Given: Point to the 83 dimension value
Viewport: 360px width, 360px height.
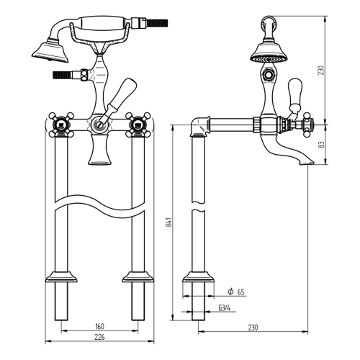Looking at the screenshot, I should click(x=322, y=144).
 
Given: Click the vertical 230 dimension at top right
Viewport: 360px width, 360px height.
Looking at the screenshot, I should click(x=322, y=70).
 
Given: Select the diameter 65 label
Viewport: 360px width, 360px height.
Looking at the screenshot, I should click(x=234, y=292).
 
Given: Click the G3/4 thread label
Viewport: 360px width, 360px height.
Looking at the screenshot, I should click(x=224, y=307).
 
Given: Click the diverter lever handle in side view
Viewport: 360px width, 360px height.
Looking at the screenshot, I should click(x=294, y=94).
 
